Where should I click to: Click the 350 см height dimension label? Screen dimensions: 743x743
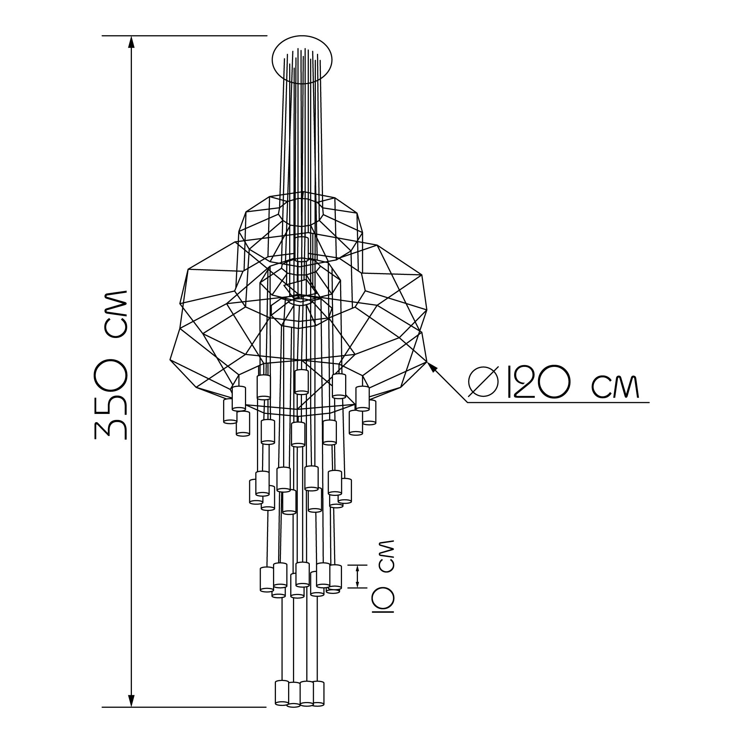[x=111, y=365]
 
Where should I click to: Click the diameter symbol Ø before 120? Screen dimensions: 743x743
[x=483, y=381]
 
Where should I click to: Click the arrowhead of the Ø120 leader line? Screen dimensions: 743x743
[x=432, y=367]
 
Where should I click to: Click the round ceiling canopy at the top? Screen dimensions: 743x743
[x=302, y=60]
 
